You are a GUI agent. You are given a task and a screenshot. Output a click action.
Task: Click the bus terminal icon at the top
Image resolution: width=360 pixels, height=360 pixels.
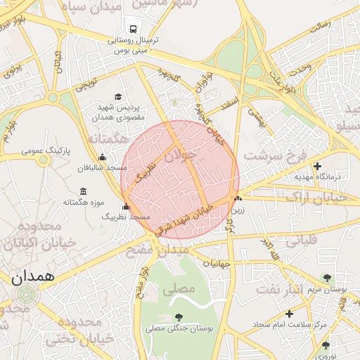point(132,29)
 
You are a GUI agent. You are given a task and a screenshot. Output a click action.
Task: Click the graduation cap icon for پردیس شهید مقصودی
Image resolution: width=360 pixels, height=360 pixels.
point(117,97)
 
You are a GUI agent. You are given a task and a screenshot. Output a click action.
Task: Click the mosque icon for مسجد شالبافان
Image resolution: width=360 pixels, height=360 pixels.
point(103,157)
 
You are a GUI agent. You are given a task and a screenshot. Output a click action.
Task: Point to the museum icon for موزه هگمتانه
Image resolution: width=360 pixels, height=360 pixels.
point(84,192)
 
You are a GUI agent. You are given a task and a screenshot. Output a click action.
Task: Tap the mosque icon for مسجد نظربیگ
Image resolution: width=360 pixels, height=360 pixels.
point(126,207)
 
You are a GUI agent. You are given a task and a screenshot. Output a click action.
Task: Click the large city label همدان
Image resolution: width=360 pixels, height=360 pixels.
point(33,276)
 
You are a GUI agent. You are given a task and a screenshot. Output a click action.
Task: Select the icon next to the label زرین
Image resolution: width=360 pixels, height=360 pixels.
point(237,199)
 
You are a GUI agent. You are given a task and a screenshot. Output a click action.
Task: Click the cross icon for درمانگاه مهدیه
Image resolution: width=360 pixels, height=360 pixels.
point(318,167)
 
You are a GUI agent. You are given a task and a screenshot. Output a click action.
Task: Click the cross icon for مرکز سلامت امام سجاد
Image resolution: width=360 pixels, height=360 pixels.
point(289,314)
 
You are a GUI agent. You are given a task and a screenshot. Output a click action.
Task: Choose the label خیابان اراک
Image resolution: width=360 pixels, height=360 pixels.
point(333,199)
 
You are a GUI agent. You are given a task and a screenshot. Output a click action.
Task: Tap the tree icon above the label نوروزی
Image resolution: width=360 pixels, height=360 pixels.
point(326,345)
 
